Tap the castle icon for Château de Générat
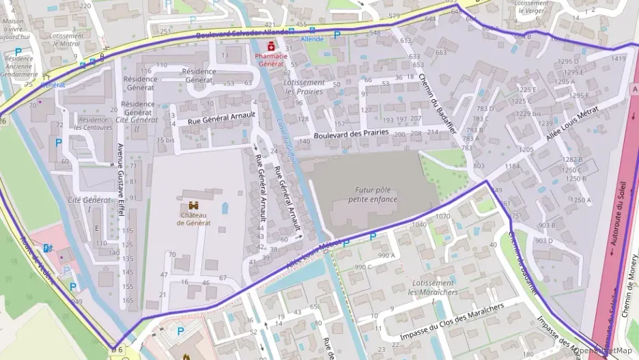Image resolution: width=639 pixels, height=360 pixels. point(194,206)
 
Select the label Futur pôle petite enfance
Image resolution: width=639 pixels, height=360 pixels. point(372,195)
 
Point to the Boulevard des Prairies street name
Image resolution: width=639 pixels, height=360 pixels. point(351,134)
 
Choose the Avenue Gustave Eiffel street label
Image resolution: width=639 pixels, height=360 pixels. point(121,180)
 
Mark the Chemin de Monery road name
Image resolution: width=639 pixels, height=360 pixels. point(629,287)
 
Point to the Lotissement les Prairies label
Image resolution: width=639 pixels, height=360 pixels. point(304,87)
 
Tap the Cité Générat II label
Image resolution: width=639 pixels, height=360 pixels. point(137,124)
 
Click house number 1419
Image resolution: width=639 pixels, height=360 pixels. point(618,59)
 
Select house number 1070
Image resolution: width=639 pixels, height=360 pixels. point(442,217)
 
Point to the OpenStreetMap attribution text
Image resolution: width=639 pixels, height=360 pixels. point(605,351)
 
